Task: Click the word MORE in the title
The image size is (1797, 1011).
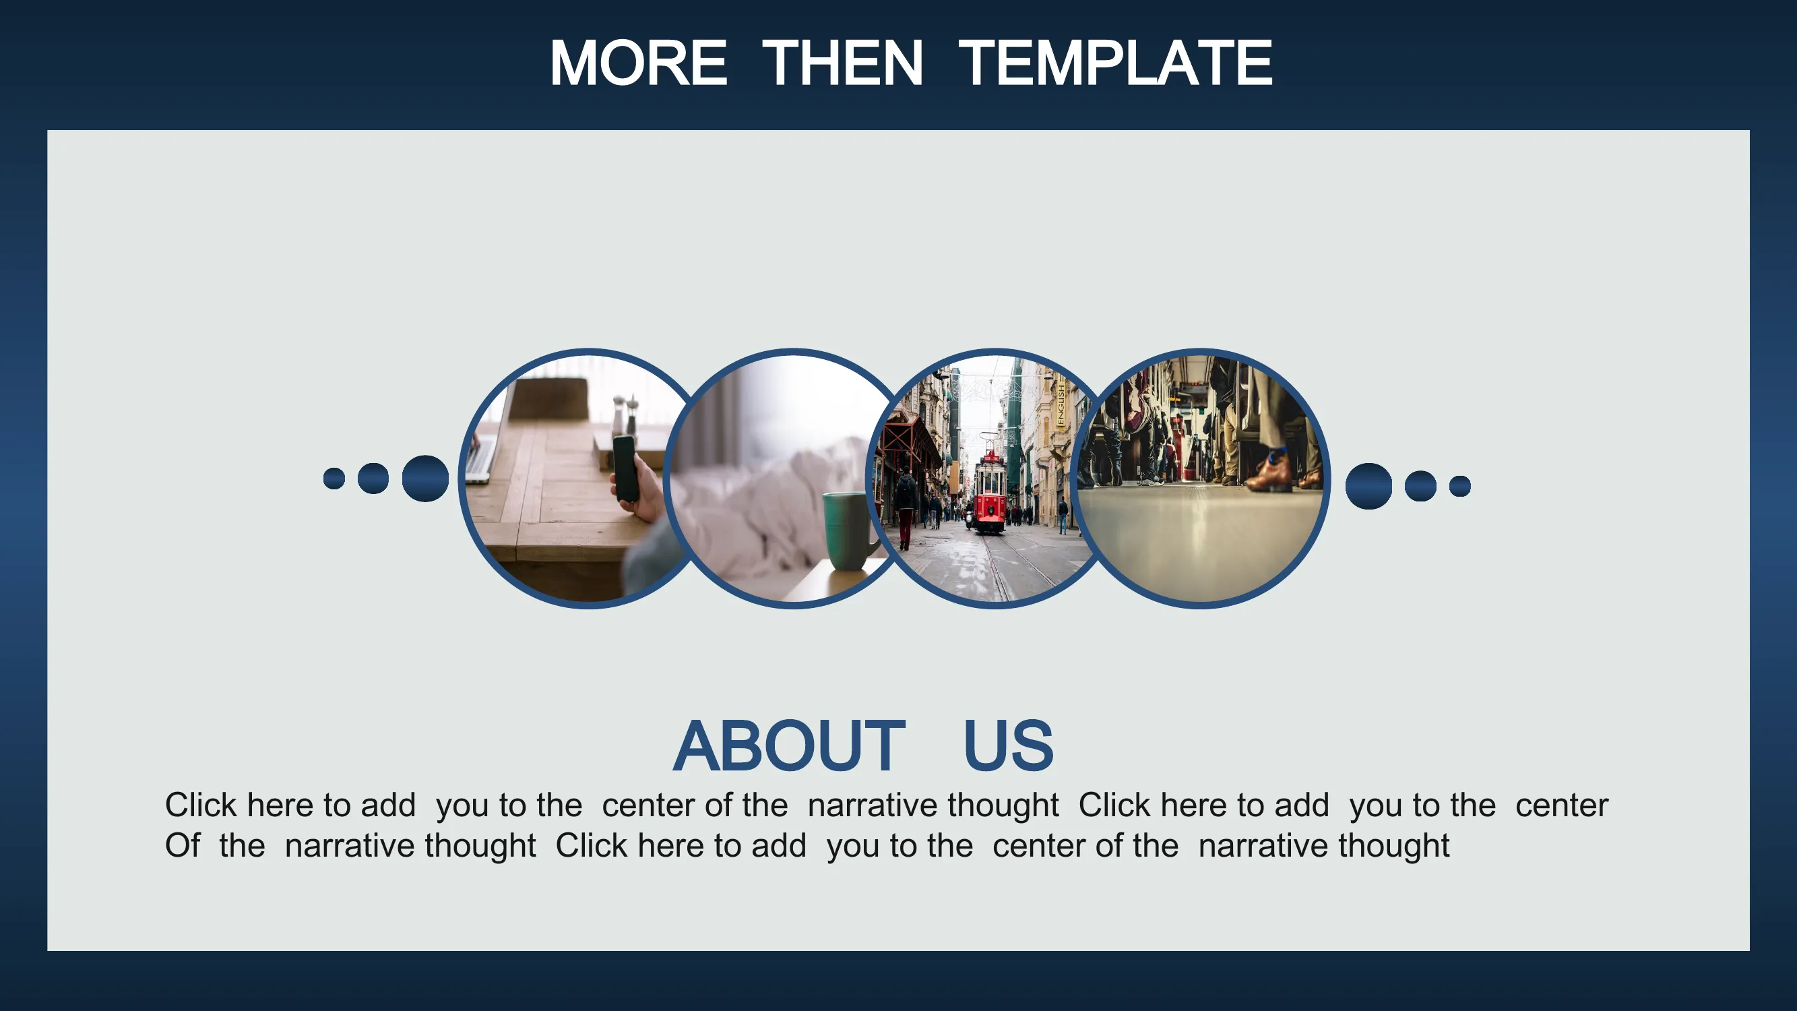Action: (x=638, y=63)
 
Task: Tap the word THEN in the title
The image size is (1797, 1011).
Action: (x=843, y=63)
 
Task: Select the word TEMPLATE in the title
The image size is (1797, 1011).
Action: (x=1114, y=63)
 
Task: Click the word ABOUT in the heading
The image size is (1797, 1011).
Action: (x=789, y=746)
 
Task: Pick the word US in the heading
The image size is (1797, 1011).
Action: (x=1008, y=746)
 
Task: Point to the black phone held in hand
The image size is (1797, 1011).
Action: (x=626, y=468)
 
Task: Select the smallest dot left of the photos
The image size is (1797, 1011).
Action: (x=334, y=479)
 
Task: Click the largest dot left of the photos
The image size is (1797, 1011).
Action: (x=426, y=479)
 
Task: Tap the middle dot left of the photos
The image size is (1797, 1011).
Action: (x=373, y=479)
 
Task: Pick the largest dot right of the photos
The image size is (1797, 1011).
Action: (x=1368, y=487)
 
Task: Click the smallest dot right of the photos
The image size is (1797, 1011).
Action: (x=1460, y=487)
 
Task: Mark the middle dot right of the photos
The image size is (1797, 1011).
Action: (x=1420, y=487)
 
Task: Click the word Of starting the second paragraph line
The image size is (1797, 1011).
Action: (x=182, y=846)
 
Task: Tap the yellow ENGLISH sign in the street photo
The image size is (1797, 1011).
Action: (x=1061, y=404)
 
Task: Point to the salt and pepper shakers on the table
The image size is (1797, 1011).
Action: (x=625, y=415)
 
